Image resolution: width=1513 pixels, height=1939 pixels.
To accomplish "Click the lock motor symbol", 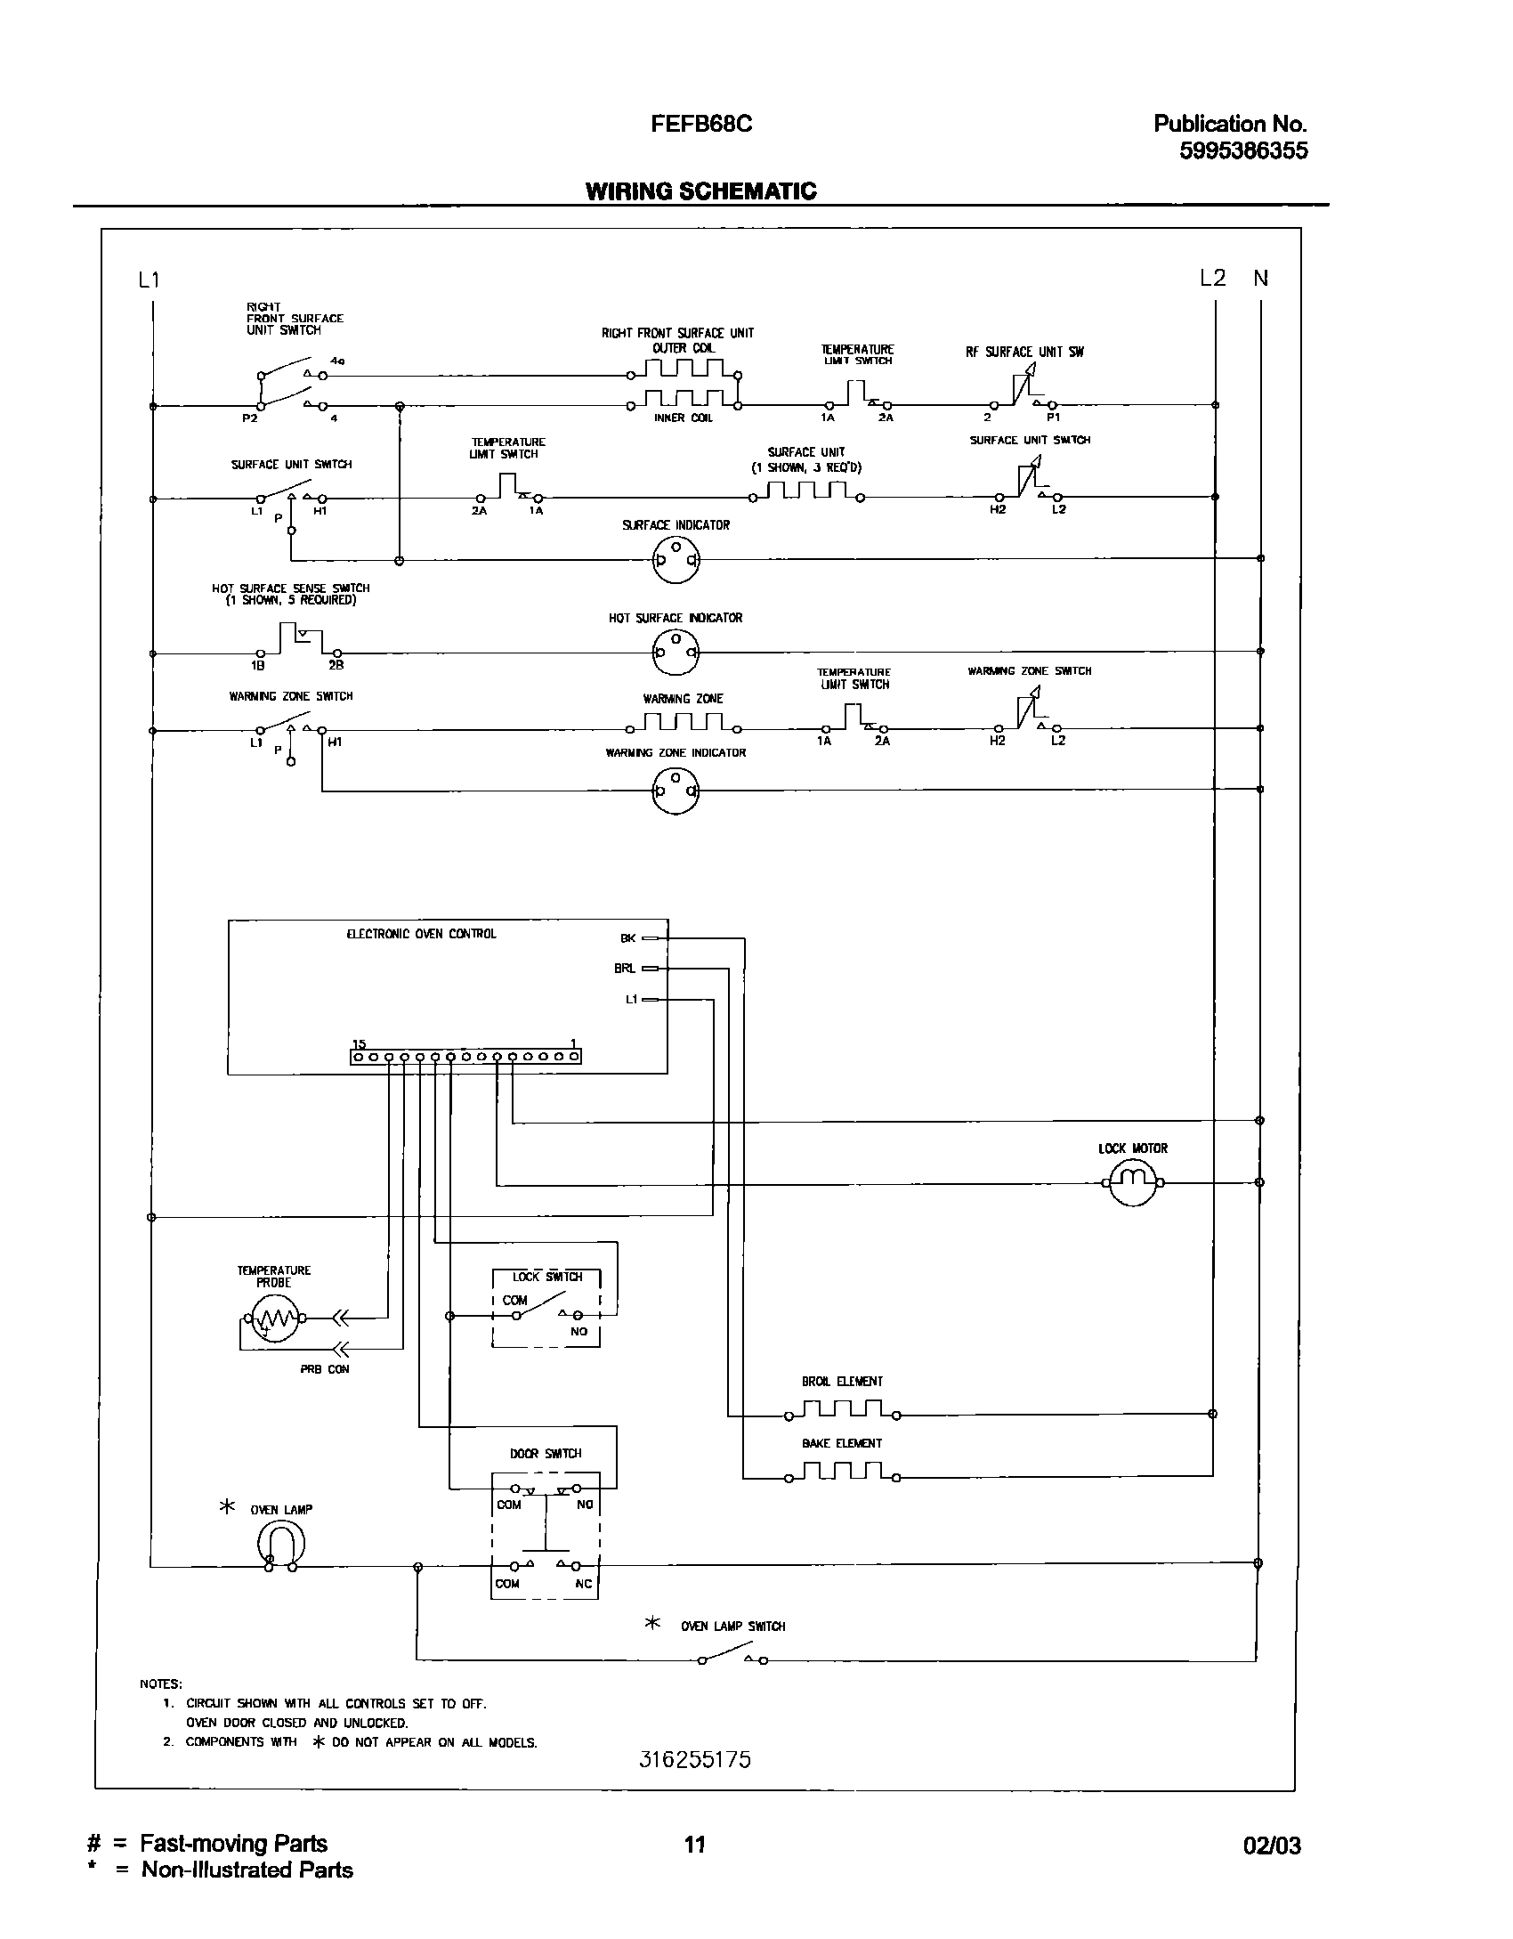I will [1132, 1182].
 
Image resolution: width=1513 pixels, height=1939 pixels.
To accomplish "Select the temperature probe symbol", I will [274, 1318].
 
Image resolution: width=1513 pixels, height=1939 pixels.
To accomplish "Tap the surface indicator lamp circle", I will [676, 560].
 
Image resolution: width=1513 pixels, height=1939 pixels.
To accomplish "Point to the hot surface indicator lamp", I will [676, 653].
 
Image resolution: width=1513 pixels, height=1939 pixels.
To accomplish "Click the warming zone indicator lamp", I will [676, 791].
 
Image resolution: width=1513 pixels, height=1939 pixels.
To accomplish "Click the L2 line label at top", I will [1212, 279].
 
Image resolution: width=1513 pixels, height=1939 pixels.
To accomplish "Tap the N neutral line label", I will [1260, 279].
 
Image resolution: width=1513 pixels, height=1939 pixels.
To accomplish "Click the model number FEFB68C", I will [701, 124].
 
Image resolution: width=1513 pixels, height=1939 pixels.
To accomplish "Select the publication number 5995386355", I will [1243, 150].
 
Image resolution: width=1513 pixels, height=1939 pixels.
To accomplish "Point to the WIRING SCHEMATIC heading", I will [700, 191].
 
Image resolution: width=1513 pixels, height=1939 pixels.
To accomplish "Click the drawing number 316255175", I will [695, 1759].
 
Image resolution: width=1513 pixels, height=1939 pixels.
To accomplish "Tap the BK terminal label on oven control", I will [627, 937].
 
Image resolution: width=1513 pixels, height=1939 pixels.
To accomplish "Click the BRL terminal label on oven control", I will [625, 969].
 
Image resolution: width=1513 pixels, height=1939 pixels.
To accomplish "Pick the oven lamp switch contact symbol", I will [732, 1659].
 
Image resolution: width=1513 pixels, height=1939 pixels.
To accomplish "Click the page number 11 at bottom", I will [695, 1844].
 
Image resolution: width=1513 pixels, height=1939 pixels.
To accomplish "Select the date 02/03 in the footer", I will [1272, 1846].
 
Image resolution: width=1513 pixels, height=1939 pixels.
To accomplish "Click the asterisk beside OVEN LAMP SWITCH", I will [652, 1624].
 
